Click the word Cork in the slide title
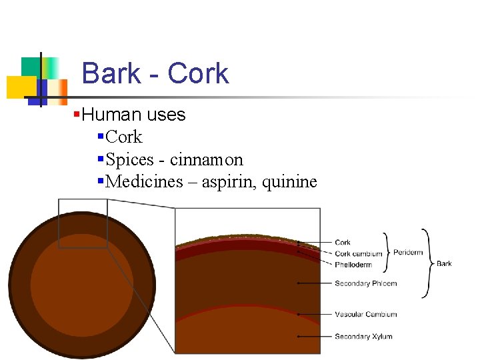coord(198,73)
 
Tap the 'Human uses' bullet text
coord(134,115)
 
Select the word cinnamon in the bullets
coord(207,160)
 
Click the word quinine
coord(290,182)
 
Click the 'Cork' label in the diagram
coord(343,243)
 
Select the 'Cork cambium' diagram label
coord(359,253)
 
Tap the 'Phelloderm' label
coord(353,265)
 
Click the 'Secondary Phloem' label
coord(365,283)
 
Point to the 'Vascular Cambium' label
coord(365,314)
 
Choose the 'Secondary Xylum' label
coord(363,337)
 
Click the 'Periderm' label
coord(408,253)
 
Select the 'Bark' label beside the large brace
coord(444,263)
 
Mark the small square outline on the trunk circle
coord(83,224)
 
